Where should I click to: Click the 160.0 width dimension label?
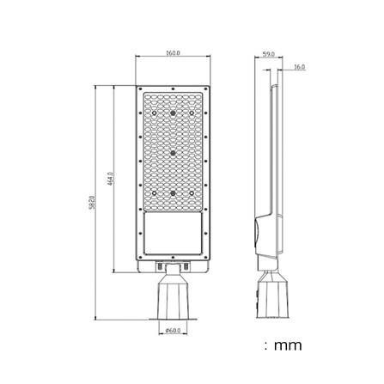pyautogui.click(x=173, y=53)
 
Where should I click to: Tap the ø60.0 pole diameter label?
pyautogui.click(x=172, y=329)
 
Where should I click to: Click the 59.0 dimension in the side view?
pyautogui.click(x=269, y=54)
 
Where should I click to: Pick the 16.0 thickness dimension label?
pyautogui.click(x=298, y=66)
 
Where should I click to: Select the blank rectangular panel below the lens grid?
pyautogui.click(x=173, y=233)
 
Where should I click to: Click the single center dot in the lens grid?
pyautogui.click(x=173, y=153)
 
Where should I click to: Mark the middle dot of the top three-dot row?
pyautogui.click(x=173, y=113)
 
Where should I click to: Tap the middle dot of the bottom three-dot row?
pyautogui.click(x=173, y=193)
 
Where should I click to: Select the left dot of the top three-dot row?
pyautogui.click(x=155, y=113)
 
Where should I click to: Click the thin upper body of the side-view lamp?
pyautogui.click(x=273, y=146)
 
